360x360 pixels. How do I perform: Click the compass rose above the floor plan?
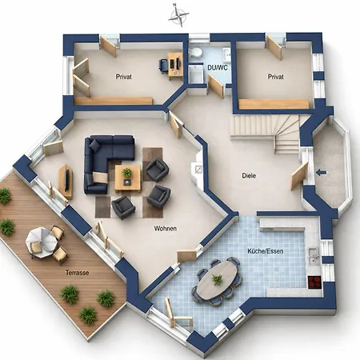coord(178,15)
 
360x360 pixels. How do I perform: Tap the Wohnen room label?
coord(166,229)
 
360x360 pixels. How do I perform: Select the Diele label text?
coord(249,176)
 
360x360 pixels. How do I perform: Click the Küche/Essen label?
coord(266,251)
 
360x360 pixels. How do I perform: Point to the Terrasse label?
coord(77,273)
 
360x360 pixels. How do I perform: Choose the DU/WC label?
coord(218,67)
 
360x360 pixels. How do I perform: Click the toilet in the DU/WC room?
coord(195,52)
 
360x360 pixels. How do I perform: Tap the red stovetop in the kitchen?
coord(314,282)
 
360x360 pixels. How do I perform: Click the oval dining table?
coord(218,278)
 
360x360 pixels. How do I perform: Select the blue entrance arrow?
coord(321,173)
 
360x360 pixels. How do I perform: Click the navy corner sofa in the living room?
coord(106,160)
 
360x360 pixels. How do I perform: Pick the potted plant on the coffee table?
coord(127,172)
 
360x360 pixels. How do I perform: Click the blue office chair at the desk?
coord(163,65)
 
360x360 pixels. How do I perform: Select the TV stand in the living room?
coord(66,182)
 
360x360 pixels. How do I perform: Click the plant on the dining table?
coord(218,279)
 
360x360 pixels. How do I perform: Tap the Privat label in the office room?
coord(124,77)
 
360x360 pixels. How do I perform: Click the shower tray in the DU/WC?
coord(197,74)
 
